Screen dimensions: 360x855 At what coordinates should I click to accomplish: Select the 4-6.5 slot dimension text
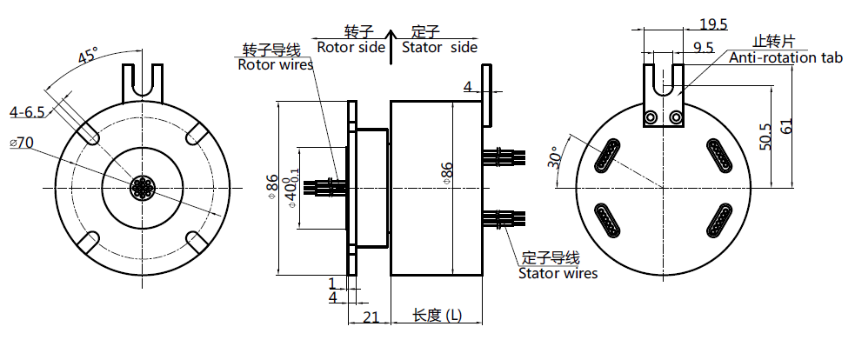[27, 112]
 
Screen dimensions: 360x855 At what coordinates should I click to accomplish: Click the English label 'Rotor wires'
[269, 64]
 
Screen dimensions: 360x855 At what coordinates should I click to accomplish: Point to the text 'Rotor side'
[350, 47]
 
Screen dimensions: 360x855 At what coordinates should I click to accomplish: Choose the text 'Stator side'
[439, 47]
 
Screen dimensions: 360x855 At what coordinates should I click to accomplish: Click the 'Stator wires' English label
[558, 273]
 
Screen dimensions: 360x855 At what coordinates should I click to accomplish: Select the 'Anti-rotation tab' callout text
[785, 57]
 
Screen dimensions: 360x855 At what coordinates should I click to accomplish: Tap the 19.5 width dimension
[713, 23]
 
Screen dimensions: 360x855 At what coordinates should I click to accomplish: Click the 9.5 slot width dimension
[704, 47]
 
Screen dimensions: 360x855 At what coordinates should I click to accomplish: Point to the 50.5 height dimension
[765, 137]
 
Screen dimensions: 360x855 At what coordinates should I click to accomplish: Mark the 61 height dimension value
[787, 124]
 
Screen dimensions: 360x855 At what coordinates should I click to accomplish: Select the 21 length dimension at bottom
[370, 317]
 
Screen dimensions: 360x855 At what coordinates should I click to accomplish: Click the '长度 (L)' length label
[437, 316]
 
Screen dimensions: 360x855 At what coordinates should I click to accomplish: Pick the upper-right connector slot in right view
[720, 157]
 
